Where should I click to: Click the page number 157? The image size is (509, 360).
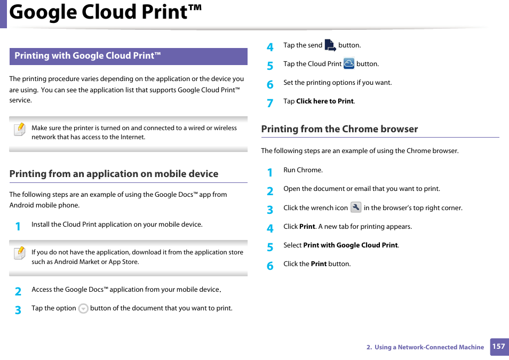click(498, 347)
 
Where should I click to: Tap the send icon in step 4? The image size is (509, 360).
click(330, 45)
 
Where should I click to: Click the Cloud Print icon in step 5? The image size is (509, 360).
click(349, 63)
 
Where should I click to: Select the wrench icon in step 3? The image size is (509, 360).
click(356, 207)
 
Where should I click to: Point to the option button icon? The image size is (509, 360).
click(83, 308)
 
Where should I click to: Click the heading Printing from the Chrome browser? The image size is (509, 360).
click(339, 129)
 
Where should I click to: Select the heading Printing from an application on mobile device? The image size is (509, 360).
click(114, 174)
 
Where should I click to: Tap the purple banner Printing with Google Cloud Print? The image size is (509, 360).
click(128, 56)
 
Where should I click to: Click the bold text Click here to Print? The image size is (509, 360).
click(324, 101)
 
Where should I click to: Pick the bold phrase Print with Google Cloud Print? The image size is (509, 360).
click(350, 245)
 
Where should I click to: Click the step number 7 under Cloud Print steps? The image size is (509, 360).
click(270, 103)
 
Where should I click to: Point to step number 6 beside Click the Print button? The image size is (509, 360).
click(270, 266)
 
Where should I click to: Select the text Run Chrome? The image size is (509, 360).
click(303, 170)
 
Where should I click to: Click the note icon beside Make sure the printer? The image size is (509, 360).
click(20, 130)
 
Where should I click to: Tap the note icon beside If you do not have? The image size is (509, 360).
click(20, 253)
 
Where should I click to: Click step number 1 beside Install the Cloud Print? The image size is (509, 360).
click(18, 226)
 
